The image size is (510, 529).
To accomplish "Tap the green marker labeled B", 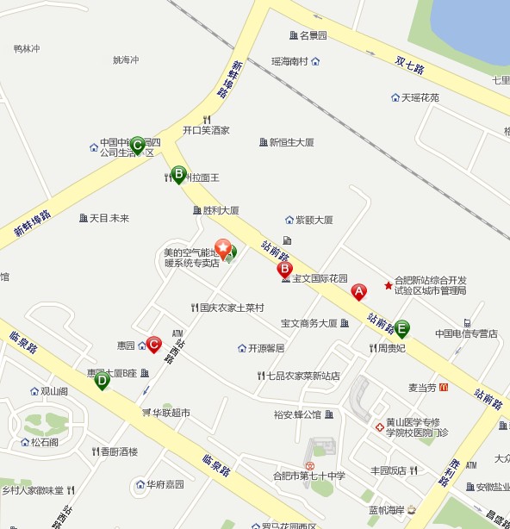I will (x=178, y=174).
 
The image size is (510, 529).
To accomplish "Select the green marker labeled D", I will (x=102, y=379).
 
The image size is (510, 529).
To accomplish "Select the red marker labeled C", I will (x=153, y=345).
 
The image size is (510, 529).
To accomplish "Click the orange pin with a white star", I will (x=223, y=249).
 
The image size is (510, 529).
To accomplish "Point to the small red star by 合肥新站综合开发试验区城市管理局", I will (x=388, y=284).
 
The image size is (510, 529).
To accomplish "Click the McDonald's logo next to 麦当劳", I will (x=443, y=388).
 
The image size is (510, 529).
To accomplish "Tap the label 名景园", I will (x=314, y=35).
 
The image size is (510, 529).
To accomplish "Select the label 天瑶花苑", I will (x=420, y=97).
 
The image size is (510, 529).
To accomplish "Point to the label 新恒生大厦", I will (x=291, y=142).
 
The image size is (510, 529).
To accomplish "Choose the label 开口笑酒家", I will (x=206, y=131).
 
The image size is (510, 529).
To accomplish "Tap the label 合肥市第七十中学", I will (x=308, y=476).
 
